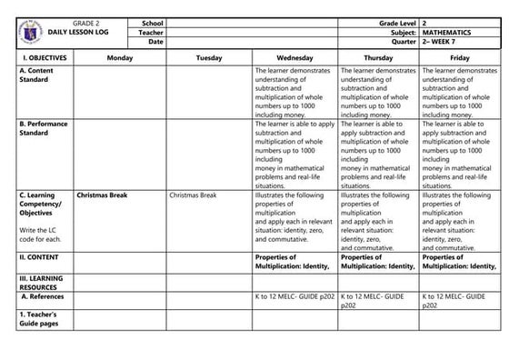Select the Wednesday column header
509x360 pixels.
[x=294, y=57]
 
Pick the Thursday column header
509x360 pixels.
[x=378, y=57]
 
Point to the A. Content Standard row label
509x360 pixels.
[x=36, y=75]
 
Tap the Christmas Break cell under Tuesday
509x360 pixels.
[x=193, y=195]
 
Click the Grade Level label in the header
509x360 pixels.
[x=393, y=21]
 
